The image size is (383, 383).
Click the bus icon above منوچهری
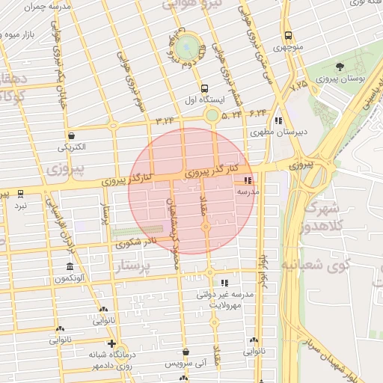point(288,36)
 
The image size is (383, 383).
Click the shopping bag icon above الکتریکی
point(71,136)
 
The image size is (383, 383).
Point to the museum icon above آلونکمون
point(70,267)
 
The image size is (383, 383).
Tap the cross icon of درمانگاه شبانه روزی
point(111,343)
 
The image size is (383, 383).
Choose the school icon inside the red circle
point(248,180)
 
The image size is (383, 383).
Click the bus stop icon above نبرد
point(20,193)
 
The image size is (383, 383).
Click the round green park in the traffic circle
point(189,45)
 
